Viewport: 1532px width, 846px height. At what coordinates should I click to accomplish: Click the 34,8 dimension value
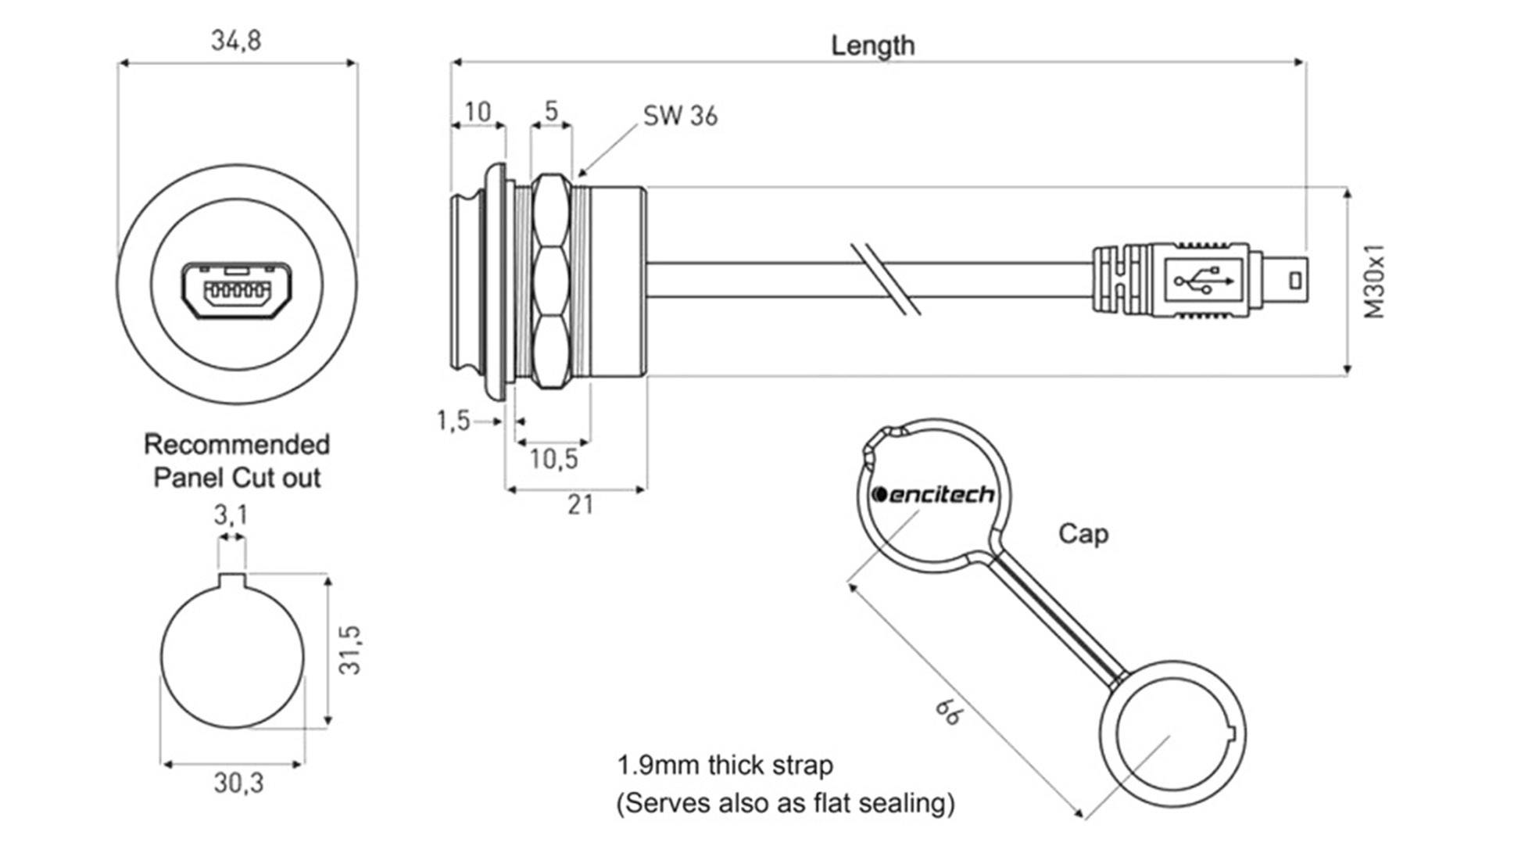tap(236, 41)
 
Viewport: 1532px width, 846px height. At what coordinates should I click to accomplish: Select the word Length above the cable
tap(872, 45)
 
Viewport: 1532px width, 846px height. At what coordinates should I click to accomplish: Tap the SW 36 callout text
tap(680, 116)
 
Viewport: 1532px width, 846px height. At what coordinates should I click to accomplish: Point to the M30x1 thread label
tap(1374, 281)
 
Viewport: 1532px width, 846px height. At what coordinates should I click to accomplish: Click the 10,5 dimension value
tap(553, 459)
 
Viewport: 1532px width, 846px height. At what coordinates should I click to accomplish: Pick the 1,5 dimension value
tap(453, 421)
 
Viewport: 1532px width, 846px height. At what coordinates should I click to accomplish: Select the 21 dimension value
tap(580, 505)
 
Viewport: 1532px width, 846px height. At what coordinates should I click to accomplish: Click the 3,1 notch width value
tap(231, 515)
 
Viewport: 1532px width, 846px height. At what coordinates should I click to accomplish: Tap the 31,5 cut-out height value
tap(351, 650)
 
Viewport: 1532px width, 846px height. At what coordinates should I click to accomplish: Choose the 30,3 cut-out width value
tap(239, 783)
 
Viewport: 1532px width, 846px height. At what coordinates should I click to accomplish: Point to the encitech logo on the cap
tap(933, 495)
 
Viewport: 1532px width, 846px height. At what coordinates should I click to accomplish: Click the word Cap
tap(1083, 534)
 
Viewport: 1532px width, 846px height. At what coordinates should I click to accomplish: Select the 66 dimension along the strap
tap(950, 711)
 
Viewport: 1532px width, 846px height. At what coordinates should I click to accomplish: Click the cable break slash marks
tap(886, 279)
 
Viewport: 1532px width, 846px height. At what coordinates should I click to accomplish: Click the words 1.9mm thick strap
tap(725, 765)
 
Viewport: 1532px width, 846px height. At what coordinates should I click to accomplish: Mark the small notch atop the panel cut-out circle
tap(232, 580)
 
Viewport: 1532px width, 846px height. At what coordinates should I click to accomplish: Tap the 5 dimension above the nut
tap(552, 111)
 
